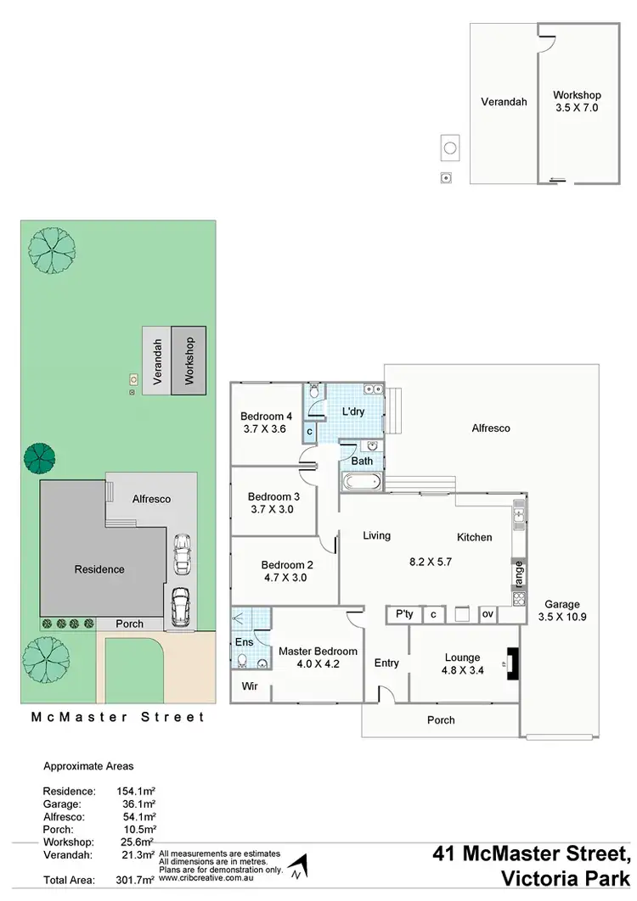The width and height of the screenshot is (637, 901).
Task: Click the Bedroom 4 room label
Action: [266, 416]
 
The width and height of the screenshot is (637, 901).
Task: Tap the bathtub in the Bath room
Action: [361, 484]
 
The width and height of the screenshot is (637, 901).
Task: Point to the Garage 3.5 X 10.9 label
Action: [562, 611]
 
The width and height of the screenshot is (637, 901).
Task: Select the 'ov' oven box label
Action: [488, 614]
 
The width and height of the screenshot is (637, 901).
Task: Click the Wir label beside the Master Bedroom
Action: [250, 685]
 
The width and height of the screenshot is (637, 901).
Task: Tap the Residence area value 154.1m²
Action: [135, 791]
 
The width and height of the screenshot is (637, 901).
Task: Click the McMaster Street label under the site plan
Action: [118, 717]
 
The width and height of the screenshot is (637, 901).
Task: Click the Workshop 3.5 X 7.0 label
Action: [576, 102]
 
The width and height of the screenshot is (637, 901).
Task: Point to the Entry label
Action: [386, 663]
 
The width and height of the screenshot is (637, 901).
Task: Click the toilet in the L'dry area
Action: [314, 391]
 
